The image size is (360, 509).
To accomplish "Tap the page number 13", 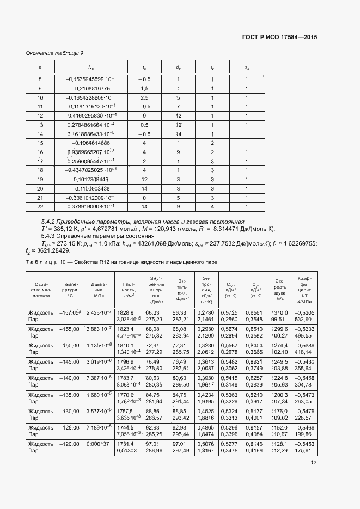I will click(x=313, y=463).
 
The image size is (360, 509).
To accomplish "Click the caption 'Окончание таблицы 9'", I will click(x=55, y=53).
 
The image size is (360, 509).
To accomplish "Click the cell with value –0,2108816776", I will click(x=88, y=88).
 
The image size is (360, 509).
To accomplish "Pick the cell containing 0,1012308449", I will click(x=88, y=179).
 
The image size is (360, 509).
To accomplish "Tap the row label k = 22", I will click(x=40, y=207).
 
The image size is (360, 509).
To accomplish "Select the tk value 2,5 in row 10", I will click(x=144, y=97).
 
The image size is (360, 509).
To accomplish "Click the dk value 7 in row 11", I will click(x=178, y=107).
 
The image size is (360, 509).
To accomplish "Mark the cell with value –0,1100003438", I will click(x=88, y=188).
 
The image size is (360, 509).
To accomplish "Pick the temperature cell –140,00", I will click(x=71, y=378).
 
